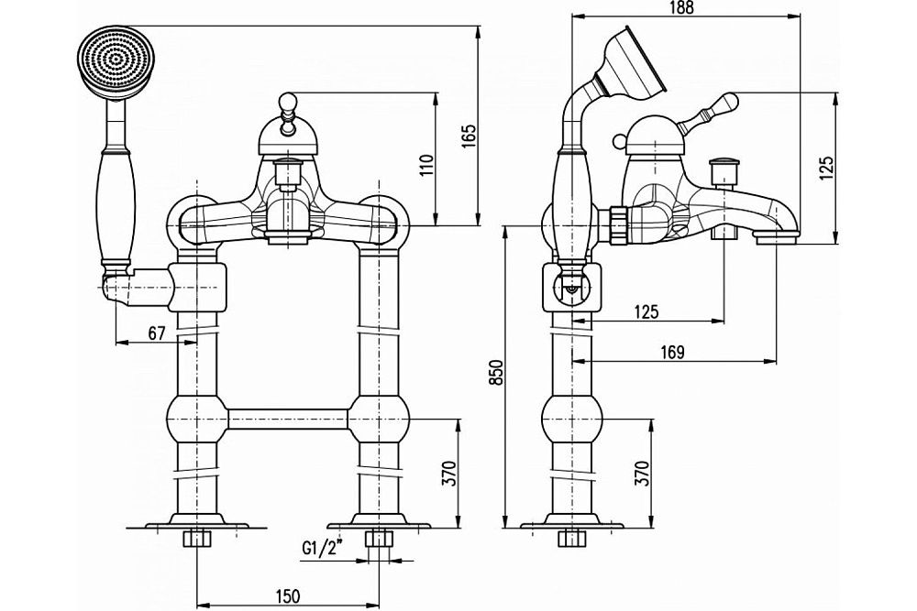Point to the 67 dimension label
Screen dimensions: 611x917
point(156,333)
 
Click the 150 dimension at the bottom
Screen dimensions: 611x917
point(287,596)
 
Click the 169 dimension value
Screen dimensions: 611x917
point(673,352)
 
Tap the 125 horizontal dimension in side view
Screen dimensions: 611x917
point(646,311)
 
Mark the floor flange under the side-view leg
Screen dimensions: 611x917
point(573,526)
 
